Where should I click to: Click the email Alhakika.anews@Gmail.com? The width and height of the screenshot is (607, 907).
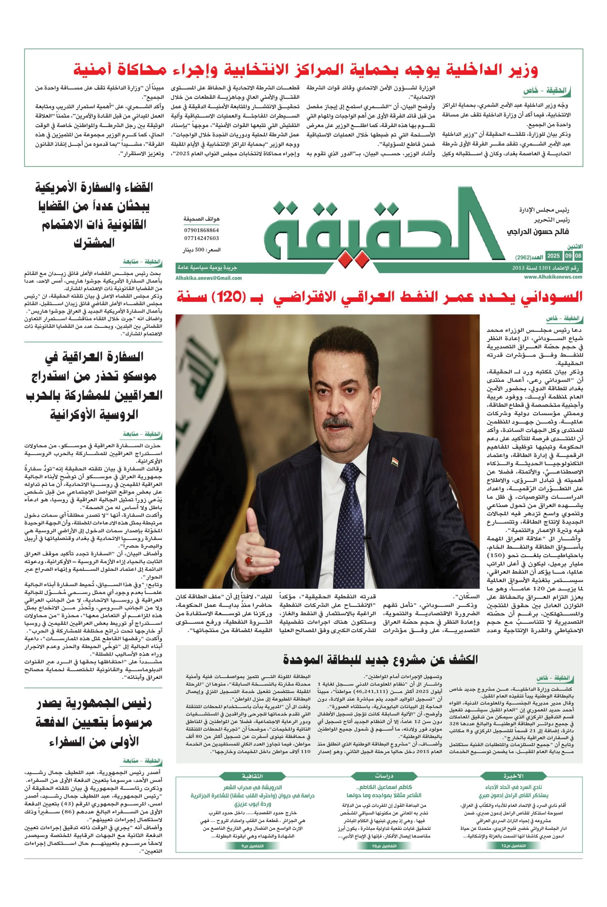(x=209, y=278)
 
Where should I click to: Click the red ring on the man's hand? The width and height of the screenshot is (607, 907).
(x=249, y=560)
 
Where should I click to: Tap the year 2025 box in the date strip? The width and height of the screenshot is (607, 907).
(x=553, y=256)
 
